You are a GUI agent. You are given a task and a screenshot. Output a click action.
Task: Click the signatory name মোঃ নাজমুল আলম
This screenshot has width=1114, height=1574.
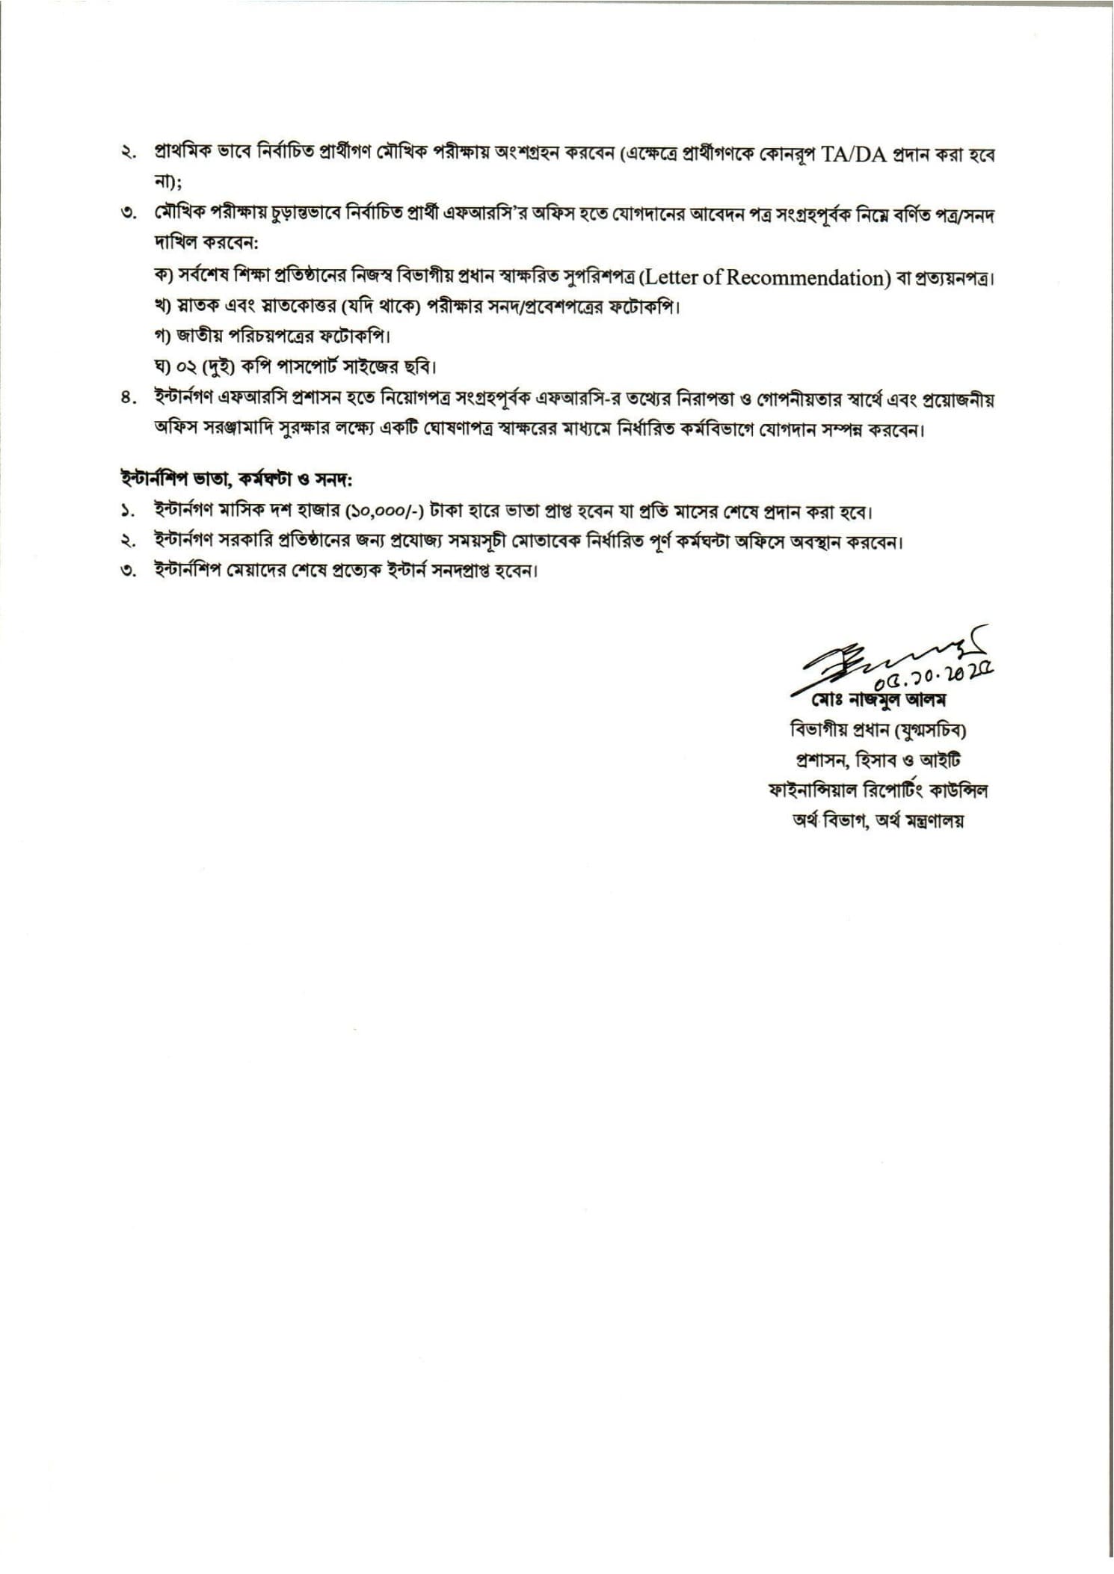pyautogui.click(x=879, y=702)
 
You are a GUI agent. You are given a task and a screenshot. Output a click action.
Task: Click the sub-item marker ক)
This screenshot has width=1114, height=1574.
pyautogui.click(x=163, y=276)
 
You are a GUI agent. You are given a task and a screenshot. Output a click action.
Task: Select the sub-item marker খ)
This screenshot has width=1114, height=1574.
pyautogui.click(x=163, y=307)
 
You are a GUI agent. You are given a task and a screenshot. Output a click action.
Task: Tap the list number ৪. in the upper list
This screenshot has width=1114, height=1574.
pyautogui.click(x=129, y=400)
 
